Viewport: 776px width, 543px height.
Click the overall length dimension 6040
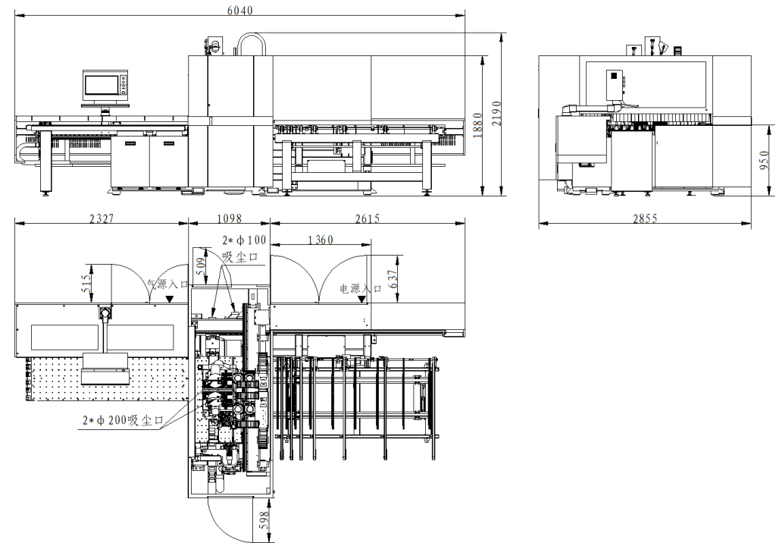tap(240, 9)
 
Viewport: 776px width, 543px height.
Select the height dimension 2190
tap(496, 114)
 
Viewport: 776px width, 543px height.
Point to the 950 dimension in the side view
tap(764, 162)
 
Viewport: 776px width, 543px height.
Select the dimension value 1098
tap(229, 218)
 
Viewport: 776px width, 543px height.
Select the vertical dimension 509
tap(201, 263)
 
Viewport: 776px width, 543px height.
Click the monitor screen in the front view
tap(101, 84)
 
